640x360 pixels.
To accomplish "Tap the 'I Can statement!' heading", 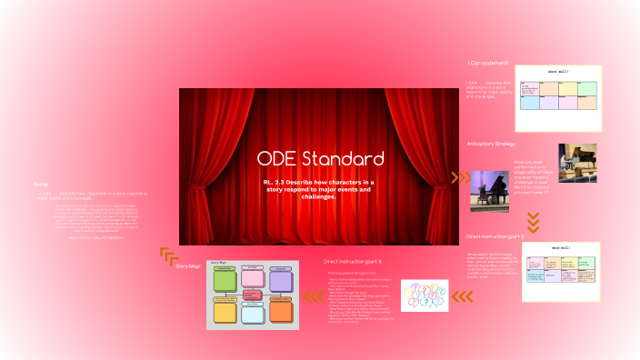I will tap(488, 63).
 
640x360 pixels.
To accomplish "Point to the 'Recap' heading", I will tap(41, 185).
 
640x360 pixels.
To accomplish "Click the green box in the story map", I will tap(225, 281).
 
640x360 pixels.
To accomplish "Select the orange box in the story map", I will tap(281, 312).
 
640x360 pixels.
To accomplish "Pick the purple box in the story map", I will tap(281, 281).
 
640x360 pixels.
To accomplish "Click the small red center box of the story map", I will tap(253, 296).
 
